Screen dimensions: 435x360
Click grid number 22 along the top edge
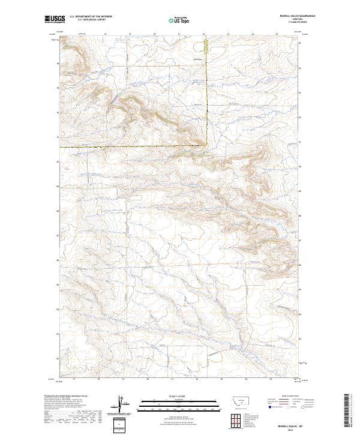[x=203, y=34]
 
